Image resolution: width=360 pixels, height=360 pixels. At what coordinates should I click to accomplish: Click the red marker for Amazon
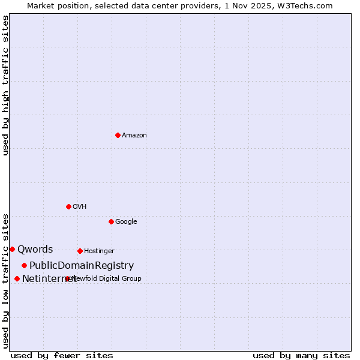click(x=118, y=135)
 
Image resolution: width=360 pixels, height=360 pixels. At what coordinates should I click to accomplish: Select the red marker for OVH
click(x=68, y=206)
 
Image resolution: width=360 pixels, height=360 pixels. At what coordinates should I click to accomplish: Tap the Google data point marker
click(x=111, y=221)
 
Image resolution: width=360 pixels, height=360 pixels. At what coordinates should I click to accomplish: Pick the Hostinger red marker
click(x=80, y=251)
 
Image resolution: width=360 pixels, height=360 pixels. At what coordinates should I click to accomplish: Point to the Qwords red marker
click(x=12, y=249)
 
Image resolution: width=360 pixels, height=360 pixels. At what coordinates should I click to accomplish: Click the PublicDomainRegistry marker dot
click(x=24, y=265)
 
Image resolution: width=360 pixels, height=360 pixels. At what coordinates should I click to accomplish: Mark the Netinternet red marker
click(x=17, y=278)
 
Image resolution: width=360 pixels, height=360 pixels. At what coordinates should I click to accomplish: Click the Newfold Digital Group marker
click(x=67, y=278)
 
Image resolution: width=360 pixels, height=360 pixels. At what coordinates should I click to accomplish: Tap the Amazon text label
click(x=134, y=136)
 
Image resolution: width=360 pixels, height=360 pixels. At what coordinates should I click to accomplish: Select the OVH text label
click(x=80, y=207)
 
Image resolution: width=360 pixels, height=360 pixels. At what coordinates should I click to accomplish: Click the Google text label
click(x=126, y=222)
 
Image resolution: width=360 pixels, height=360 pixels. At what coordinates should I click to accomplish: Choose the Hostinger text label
click(x=99, y=251)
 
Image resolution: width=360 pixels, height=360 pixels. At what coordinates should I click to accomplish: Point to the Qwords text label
click(x=35, y=250)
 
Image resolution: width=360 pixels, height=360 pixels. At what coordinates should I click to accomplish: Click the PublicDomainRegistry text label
click(x=82, y=266)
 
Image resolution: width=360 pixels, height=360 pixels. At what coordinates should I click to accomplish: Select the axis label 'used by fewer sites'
click(x=62, y=355)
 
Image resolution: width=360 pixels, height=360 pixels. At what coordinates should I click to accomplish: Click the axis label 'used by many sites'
click(x=301, y=355)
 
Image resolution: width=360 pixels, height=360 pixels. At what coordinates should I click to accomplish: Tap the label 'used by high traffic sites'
click(x=6, y=85)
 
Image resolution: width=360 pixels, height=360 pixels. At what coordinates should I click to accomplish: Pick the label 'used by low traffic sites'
click(x=6, y=280)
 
